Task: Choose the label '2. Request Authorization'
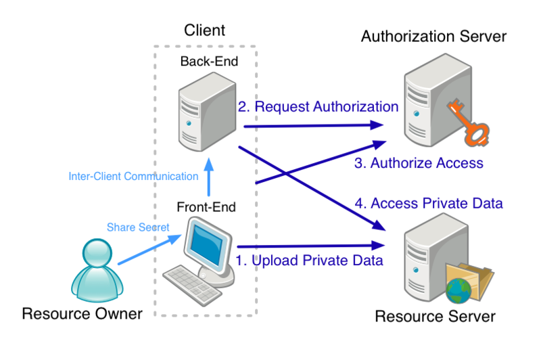pos(317,106)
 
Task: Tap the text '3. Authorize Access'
pos(419,163)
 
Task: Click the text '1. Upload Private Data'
pos(310,260)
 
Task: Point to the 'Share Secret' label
pos(138,227)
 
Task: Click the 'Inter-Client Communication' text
pos(133,177)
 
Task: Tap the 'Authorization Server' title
pos(433,37)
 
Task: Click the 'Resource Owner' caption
pos(83,313)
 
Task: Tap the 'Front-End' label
pos(206,206)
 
